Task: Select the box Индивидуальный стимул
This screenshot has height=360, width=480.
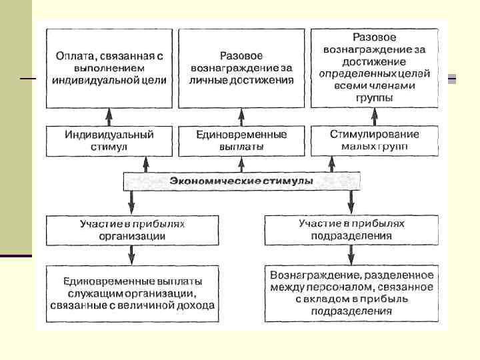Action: [x=109, y=141]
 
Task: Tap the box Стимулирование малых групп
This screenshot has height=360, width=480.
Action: [x=375, y=141]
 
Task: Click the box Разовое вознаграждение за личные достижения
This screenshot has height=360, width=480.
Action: [x=241, y=68]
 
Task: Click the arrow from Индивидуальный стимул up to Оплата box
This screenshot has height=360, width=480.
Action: [x=110, y=117]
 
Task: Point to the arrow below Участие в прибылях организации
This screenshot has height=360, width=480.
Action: [x=132, y=255]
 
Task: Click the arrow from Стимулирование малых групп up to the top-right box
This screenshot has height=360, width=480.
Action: [x=375, y=117]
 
